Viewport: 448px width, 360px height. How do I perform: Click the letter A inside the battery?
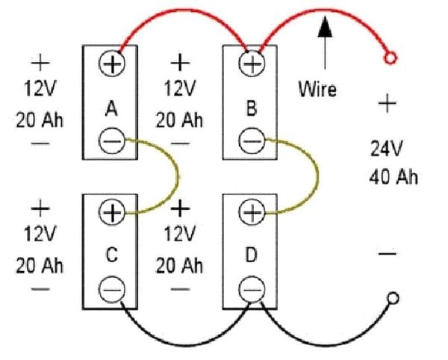click(x=111, y=109)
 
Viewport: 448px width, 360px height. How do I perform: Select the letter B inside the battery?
click(x=252, y=109)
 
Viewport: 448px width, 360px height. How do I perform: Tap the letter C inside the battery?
click(x=111, y=255)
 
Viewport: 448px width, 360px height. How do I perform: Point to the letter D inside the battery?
click(x=252, y=255)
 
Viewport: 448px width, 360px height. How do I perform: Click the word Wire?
click(x=317, y=90)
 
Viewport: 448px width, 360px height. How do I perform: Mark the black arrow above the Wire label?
click(x=324, y=41)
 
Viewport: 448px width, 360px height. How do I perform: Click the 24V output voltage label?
click(x=388, y=148)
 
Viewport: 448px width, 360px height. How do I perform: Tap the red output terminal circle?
click(x=388, y=58)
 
